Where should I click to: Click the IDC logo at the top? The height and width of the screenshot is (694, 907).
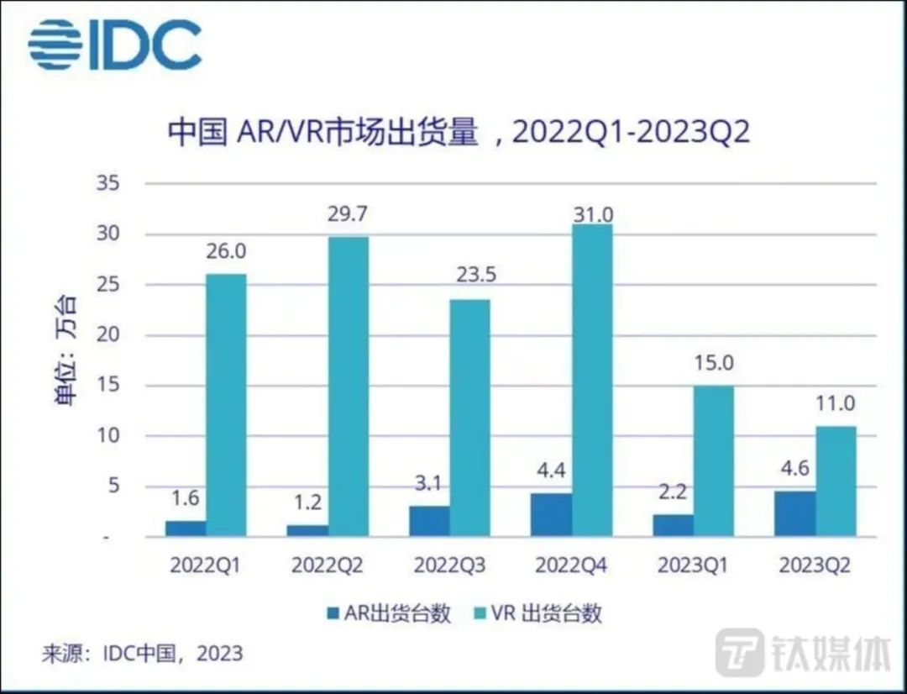pos(115,45)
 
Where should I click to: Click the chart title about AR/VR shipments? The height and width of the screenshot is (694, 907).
pos(458,133)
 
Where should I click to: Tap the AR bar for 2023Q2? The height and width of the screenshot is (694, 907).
pos(794,513)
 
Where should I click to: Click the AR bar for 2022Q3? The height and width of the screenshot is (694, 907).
pos(429,521)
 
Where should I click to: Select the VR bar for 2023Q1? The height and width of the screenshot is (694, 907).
pos(714,461)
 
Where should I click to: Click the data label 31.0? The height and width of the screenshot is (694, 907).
pos(593,214)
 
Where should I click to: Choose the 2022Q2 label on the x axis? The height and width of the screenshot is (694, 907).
pos(328,565)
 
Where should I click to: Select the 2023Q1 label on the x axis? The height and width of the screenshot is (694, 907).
pos(694,565)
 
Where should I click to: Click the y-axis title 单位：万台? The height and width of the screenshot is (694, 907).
pos(66,353)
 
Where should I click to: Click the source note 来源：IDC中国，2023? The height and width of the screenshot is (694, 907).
pos(143,653)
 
